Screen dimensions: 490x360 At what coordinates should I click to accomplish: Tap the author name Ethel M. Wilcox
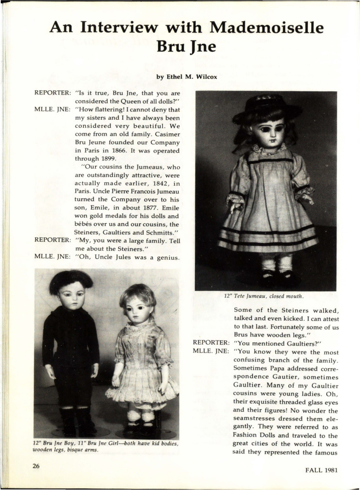[x=187, y=77]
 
